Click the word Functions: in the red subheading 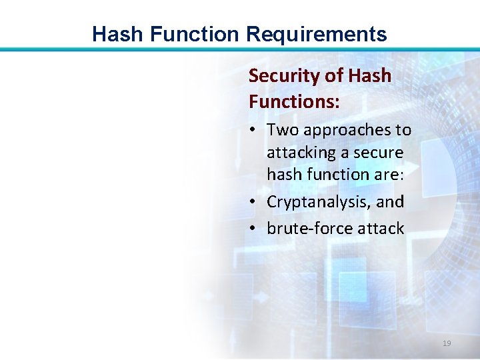(x=294, y=102)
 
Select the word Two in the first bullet (x=281, y=129)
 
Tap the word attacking (x=300, y=153)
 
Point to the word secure (x=378, y=153)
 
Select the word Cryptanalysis (x=320, y=201)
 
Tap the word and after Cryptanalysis (x=391, y=201)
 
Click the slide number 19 (x=447, y=343)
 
